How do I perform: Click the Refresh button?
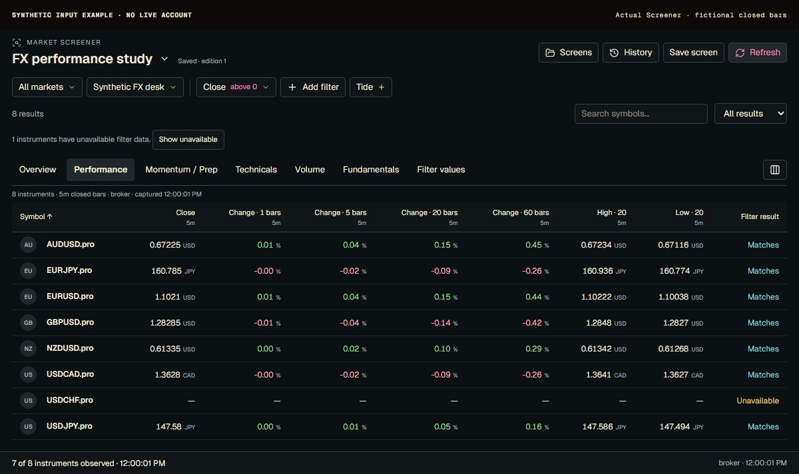click(757, 53)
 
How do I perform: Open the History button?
click(631, 53)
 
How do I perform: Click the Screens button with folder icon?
click(568, 53)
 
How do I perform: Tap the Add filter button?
click(313, 87)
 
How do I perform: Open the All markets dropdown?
click(47, 87)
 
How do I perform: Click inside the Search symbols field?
click(641, 114)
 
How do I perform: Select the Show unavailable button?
click(188, 139)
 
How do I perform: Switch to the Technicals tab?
click(256, 169)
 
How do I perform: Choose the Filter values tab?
click(441, 169)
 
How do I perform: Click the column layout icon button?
click(775, 170)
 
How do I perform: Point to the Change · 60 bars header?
click(521, 212)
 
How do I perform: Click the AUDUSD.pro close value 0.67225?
click(165, 245)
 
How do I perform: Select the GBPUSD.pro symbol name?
click(71, 322)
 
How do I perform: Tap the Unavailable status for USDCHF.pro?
click(758, 401)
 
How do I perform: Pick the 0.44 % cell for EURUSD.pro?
click(537, 297)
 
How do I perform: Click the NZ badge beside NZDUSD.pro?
click(28, 348)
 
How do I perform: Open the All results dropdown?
click(750, 114)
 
